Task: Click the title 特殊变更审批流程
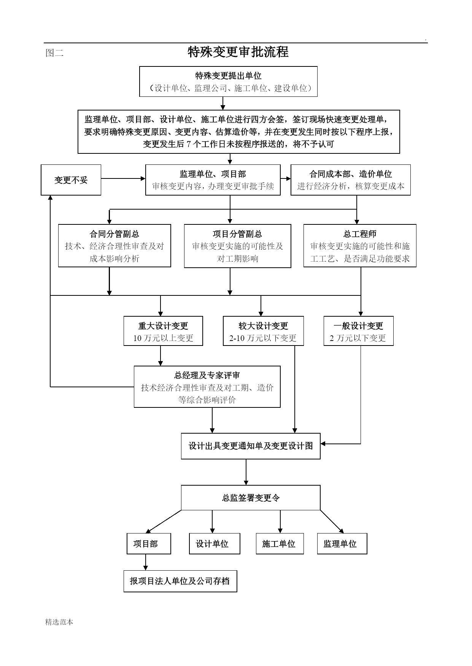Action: tap(238, 52)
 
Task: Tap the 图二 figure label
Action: tap(54, 53)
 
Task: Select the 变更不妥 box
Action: tap(71, 180)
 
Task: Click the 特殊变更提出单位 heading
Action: tap(228, 76)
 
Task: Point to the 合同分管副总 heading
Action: tap(114, 234)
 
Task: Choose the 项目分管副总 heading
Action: tap(237, 234)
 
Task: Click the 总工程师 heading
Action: tap(360, 234)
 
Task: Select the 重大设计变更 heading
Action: tap(163, 326)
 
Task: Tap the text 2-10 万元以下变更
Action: tap(263, 338)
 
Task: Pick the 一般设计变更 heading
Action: tap(358, 326)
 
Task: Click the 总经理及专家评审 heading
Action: tap(207, 376)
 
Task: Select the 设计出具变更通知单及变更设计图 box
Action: tap(251, 446)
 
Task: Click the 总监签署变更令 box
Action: tap(251, 497)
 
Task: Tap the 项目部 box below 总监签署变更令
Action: tap(149, 544)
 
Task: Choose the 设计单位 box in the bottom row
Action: tap(215, 544)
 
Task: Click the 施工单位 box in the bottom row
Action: tap(280, 544)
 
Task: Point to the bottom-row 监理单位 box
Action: tap(342, 544)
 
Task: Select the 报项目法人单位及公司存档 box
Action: tap(180, 581)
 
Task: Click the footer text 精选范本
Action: tap(59, 622)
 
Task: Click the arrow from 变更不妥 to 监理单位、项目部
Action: tap(123, 178)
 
